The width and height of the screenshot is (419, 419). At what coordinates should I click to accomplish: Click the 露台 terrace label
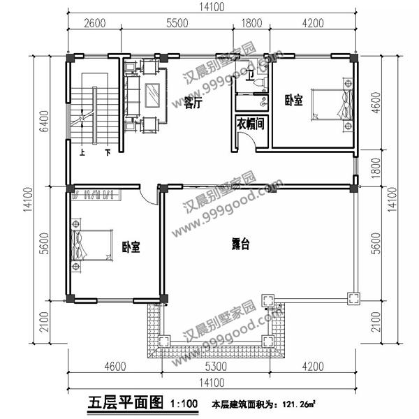pyautogui.click(x=242, y=244)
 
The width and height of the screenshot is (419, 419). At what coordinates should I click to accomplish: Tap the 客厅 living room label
pyautogui.click(x=193, y=103)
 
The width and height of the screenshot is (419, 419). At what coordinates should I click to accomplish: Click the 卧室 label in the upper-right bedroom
pyautogui.click(x=294, y=101)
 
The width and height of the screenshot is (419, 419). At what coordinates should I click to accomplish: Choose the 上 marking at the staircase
pyautogui.click(x=83, y=151)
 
